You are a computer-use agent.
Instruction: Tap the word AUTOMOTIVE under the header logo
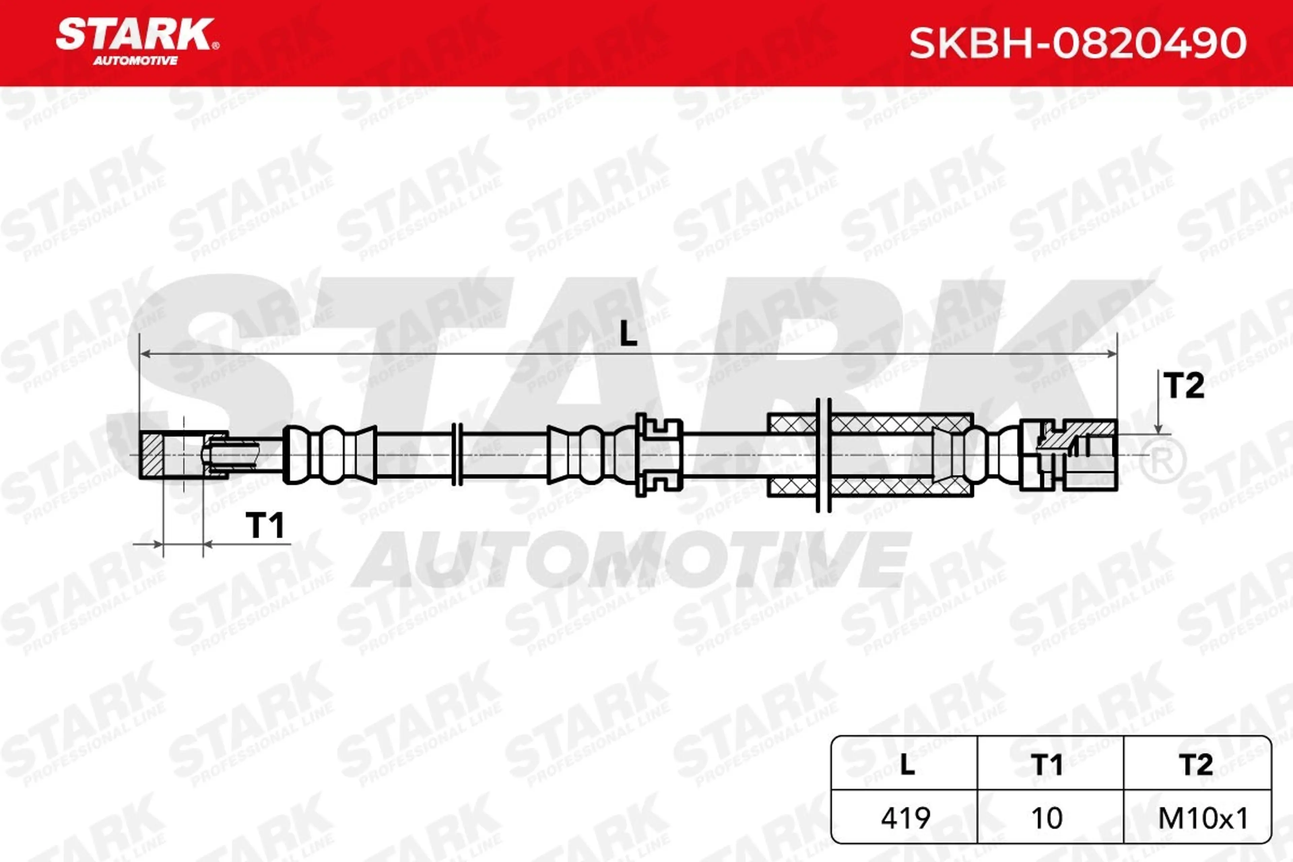[x=135, y=61]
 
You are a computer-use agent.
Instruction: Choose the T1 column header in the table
[x=1047, y=764]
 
